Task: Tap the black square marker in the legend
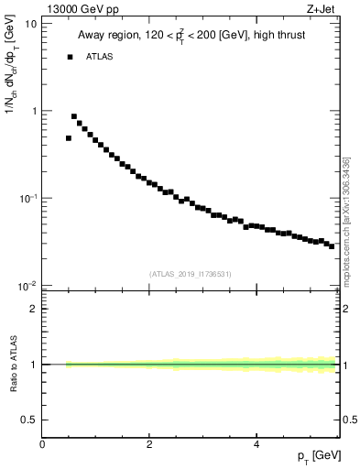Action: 70,57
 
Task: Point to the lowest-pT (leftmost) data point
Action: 69,138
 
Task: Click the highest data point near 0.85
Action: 74,116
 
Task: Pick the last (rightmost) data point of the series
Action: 332,245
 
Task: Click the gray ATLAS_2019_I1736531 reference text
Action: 191,273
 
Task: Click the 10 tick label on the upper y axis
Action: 31,23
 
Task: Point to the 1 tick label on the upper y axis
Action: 34,111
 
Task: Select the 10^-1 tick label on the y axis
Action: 28,198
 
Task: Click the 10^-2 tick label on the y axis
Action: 28,286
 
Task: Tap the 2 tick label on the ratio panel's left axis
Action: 34,309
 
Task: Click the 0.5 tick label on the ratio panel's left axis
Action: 29,420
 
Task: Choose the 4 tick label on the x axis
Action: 256,444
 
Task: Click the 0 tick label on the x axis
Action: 42,444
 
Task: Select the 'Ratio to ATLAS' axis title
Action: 13,365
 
